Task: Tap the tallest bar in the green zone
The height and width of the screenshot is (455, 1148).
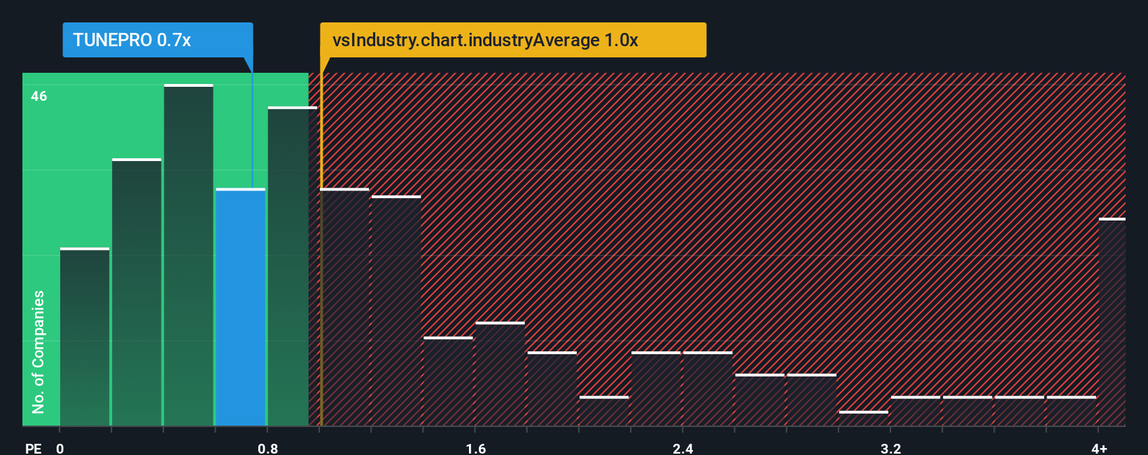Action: (188, 255)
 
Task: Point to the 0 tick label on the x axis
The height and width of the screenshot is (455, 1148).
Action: (60, 448)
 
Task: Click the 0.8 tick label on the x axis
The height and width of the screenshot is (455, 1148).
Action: (267, 448)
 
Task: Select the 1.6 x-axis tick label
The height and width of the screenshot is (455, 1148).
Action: (476, 448)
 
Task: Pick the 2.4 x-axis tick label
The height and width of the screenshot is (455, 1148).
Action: (682, 448)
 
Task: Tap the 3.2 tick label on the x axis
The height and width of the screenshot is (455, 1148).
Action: (890, 448)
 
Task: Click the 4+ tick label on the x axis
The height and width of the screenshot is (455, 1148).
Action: (1099, 448)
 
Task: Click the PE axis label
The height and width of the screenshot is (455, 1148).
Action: (33, 448)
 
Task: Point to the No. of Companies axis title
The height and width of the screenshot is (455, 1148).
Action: (38, 351)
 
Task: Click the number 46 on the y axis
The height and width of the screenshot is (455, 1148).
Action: (39, 97)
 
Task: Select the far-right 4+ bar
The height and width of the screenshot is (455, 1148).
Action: (1112, 322)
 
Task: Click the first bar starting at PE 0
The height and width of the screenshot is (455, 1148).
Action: (85, 337)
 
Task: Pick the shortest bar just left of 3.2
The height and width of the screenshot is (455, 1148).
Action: (864, 419)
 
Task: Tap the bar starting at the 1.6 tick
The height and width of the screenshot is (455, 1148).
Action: (500, 374)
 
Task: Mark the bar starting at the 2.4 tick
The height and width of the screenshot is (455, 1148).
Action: (708, 388)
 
